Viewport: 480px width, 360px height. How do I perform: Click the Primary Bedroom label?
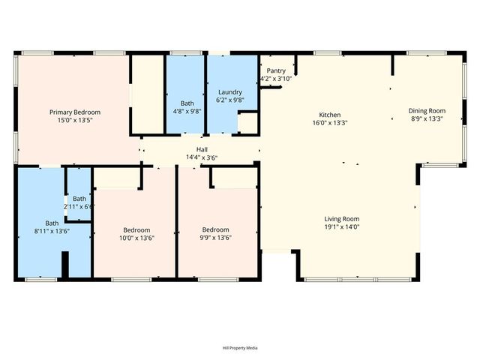point(75,112)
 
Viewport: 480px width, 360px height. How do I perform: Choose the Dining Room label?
point(426,111)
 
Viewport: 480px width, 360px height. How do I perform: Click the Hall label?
point(202,150)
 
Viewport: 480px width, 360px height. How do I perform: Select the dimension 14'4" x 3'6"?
point(202,157)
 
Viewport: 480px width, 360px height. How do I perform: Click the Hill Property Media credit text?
point(240,348)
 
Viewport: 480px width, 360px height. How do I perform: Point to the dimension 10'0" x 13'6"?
point(136,238)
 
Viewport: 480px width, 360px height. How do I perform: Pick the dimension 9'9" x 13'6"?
point(215,238)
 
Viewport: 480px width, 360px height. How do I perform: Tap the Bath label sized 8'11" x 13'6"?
point(52,223)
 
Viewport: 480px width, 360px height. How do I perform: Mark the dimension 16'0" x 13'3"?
point(330,123)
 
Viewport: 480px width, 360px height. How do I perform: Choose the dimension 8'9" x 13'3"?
point(426,118)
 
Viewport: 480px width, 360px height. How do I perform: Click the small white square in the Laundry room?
point(247,123)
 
